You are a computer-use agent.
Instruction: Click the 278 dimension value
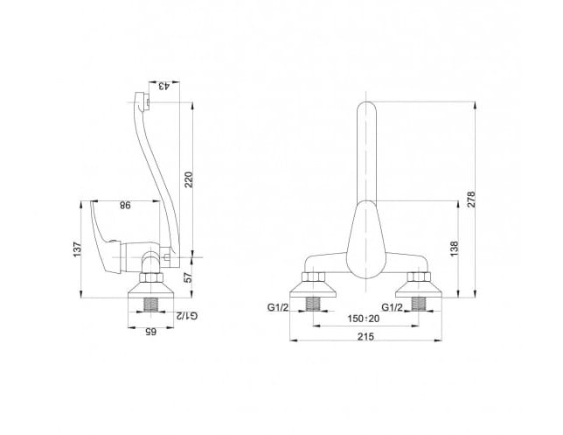471,200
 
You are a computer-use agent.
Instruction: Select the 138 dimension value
455,249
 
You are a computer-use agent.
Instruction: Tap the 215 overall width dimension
365,337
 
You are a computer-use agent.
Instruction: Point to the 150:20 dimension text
364,319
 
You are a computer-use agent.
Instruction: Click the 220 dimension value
189,179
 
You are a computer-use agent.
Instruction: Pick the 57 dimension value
189,277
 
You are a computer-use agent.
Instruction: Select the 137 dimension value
77,249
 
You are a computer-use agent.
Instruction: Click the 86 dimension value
125,206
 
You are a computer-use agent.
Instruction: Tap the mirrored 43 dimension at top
163,87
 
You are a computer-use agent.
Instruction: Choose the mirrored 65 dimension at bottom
150,332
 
